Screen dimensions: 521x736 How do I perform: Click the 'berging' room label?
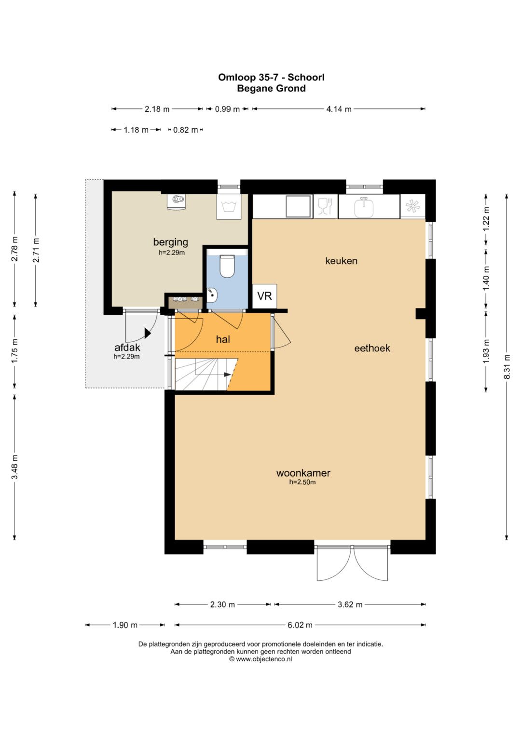(x=170, y=242)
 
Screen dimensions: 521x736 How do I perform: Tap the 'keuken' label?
(x=341, y=261)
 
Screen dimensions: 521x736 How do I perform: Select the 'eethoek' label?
(x=372, y=348)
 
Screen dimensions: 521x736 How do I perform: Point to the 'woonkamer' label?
(x=303, y=473)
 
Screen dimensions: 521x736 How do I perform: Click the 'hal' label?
(x=223, y=339)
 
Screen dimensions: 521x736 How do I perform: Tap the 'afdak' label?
(x=127, y=348)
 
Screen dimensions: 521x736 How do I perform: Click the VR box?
(x=264, y=296)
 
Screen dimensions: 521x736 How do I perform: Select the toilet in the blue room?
(x=226, y=266)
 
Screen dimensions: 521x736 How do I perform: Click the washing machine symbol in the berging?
(x=229, y=207)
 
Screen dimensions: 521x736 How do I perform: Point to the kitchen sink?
(x=363, y=207)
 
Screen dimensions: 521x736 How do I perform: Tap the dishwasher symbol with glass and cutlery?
(x=326, y=206)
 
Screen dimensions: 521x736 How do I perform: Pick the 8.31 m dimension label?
(x=507, y=366)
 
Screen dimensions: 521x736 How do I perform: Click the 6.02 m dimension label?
(x=300, y=625)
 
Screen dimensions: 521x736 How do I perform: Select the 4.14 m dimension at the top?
(x=339, y=109)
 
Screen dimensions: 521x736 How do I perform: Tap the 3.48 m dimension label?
(x=14, y=467)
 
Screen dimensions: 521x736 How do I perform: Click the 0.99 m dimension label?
(x=227, y=109)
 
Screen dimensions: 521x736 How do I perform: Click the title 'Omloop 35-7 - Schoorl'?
(x=271, y=77)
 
